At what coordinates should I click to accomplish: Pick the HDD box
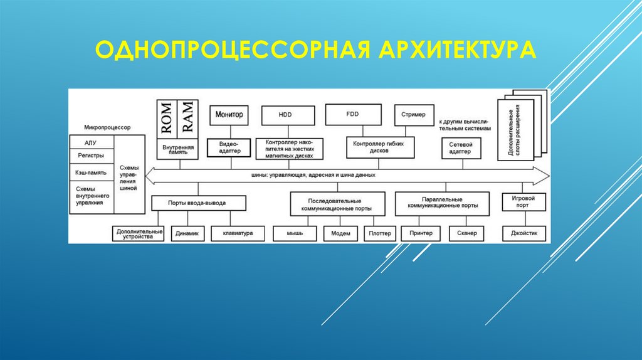[x=285, y=115]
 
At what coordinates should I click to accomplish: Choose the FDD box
[x=352, y=115]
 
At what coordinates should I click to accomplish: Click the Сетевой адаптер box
[x=464, y=148]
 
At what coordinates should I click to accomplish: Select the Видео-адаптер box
[x=229, y=148]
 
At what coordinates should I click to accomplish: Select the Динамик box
[x=187, y=233]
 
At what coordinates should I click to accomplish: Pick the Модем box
[x=340, y=233]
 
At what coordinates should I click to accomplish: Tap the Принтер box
[x=421, y=233]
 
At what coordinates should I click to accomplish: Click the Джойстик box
[x=524, y=233]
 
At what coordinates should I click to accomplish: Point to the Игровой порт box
[x=523, y=202]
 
